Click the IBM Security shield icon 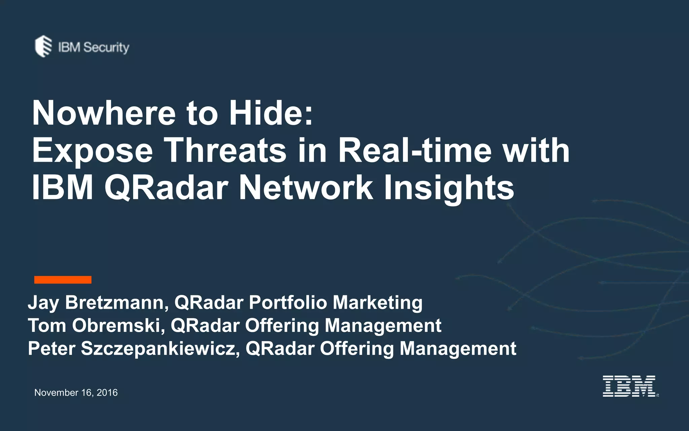coord(43,46)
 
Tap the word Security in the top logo coord(106,47)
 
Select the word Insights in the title coord(449,189)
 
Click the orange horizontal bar coord(63,279)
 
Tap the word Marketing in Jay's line coord(377,302)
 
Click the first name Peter coord(51,349)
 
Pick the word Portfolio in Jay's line coord(288,302)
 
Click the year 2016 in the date coord(107,393)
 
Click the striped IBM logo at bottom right coord(629,386)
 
